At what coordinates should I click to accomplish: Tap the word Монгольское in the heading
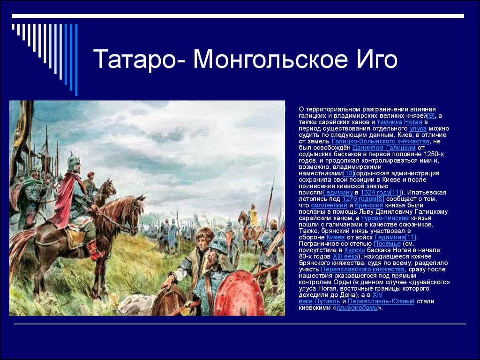(270, 59)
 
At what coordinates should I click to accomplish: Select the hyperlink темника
(390, 122)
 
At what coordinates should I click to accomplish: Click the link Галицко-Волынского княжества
(381, 141)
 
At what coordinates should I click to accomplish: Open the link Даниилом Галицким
(384, 148)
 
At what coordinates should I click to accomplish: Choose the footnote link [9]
(431, 116)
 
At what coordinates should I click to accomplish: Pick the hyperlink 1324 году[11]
(381, 193)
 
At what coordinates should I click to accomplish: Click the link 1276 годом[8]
(363, 199)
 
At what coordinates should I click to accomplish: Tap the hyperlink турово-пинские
(385, 218)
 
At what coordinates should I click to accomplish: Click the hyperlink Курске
(354, 250)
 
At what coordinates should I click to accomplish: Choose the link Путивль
(327, 301)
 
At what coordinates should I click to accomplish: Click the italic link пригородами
(357, 308)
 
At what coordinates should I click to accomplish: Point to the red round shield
(240, 293)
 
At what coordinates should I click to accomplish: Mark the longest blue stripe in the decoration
(76, 60)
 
